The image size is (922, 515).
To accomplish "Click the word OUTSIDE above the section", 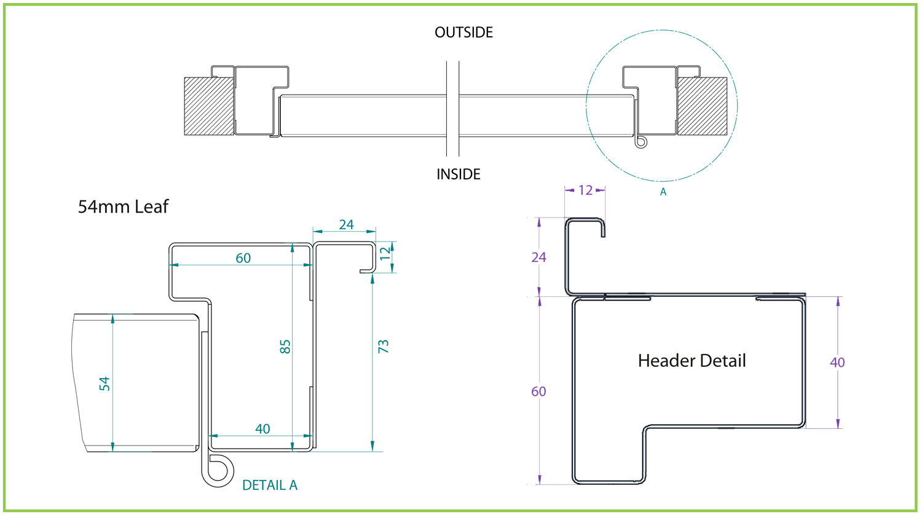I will (463, 33).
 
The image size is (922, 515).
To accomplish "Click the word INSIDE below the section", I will (458, 175).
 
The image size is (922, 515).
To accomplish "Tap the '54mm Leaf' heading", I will (123, 207).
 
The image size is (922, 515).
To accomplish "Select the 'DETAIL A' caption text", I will (269, 486).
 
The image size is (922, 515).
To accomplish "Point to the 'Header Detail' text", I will (691, 361).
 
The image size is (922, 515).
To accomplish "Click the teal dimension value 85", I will (285, 347).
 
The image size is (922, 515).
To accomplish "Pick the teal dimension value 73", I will (384, 346).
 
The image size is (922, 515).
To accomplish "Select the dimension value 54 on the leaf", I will (105, 384).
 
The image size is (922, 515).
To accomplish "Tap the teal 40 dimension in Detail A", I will (262, 429).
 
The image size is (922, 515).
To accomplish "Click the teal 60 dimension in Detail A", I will (243, 258).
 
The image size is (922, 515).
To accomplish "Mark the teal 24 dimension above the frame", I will (346, 225).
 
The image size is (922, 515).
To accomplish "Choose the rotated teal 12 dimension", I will (385, 254).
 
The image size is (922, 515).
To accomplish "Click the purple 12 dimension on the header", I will (585, 191).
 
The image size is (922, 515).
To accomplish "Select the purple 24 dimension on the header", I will (539, 257).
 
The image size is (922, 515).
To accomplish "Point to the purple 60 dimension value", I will (538, 391).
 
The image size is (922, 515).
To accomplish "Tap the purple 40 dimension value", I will (837, 363).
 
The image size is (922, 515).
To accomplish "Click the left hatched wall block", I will (208, 106).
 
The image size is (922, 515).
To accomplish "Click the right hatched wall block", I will (701, 106).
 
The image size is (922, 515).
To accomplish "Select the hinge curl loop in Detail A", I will (221, 470).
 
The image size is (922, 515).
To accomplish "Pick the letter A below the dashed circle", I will (663, 192).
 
